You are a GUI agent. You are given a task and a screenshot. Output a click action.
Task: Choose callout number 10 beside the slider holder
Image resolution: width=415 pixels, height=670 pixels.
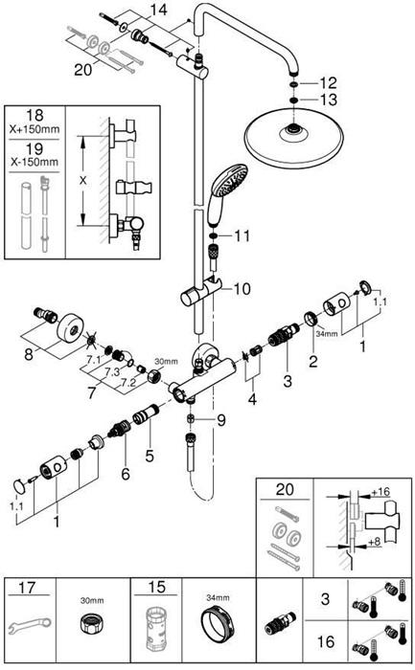[x=242, y=288]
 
